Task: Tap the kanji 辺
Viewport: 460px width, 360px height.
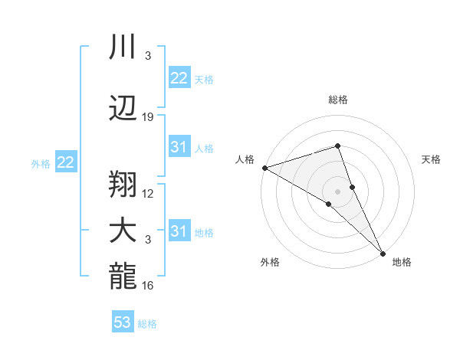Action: pyautogui.click(x=123, y=108)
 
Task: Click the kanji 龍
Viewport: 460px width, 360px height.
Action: pyautogui.click(x=123, y=279)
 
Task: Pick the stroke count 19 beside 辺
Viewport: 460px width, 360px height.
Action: pyautogui.click(x=148, y=117)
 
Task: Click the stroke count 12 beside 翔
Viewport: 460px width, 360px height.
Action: pyautogui.click(x=148, y=193)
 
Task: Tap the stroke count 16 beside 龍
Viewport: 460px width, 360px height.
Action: pyautogui.click(x=148, y=286)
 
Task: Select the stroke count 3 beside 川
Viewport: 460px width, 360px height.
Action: pyautogui.click(x=148, y=56)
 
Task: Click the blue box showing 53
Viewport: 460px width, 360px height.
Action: pyautogui.click(x=122, y=322)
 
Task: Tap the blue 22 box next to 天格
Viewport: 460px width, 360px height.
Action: pyautogui.click(x=179, y=78)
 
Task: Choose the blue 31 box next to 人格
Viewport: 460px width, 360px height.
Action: pyautogui.click(x=179, y=147)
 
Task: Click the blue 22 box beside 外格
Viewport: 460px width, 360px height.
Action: pyautogui.click(x=65, y=162)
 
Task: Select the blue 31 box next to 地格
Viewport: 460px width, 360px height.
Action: pyautogui.click(x=179, y=231)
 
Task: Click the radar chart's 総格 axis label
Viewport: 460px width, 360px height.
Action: pyautogui.click(x=338, y=100)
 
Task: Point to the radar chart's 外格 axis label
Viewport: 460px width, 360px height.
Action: pyautogui.click(x=270, y=262)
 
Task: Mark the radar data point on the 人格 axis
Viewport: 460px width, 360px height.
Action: pyautogui.click(x=264, y=167)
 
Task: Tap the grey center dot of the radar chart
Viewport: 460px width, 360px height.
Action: pyautogui.click(x=337, y=191)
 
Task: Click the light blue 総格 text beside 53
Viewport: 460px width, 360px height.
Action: pyautogui.click(x=147, y=324)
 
